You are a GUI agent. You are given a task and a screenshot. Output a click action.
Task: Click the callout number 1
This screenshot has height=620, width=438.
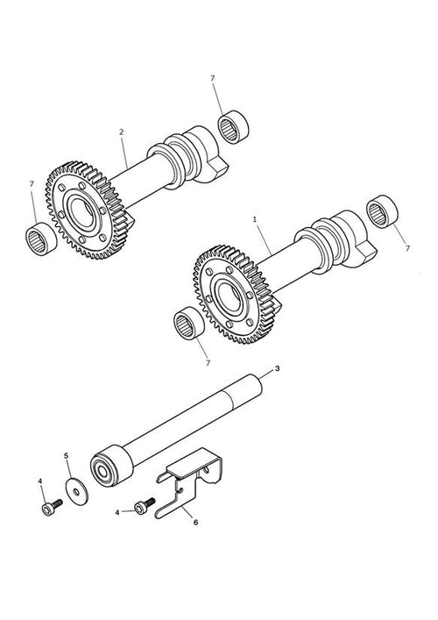(x=255, y=218)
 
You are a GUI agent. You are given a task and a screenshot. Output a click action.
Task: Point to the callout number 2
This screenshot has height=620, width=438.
(x=121, y=132)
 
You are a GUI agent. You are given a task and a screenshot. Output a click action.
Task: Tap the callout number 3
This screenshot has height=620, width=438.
(x=278, y=368)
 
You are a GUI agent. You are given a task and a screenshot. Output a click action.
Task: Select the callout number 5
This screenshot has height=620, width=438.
(x=66, y=455)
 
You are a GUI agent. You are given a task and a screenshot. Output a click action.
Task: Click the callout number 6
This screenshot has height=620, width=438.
(x=195, y=522)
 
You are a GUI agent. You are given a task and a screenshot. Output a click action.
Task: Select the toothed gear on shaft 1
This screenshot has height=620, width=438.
(x=233, y=294)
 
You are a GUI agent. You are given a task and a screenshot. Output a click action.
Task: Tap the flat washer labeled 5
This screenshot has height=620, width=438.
(x=76, y=491)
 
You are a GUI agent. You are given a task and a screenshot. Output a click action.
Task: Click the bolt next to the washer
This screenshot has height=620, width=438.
(x=52, y=507)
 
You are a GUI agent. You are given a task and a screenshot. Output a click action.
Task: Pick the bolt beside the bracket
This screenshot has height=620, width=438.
(x=145, y=506)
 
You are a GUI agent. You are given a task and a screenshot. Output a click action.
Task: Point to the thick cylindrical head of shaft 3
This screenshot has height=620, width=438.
(x=111, y=466)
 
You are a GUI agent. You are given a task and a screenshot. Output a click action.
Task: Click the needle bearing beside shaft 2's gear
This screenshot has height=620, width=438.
(x=41, y=239)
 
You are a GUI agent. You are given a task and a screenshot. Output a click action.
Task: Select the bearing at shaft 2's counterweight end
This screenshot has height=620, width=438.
(x=234, y=126)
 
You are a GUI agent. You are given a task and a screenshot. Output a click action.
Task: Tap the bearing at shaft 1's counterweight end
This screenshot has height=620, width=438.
(x=382, y=211)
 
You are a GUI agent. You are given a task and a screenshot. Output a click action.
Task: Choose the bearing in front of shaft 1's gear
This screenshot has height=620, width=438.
(x=189, y=323)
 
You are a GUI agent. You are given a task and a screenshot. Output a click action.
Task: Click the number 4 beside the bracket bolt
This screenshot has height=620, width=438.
(x=117, y=512)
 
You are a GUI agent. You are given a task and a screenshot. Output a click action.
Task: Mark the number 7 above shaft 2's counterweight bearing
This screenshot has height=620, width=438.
(x=213, y=78)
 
